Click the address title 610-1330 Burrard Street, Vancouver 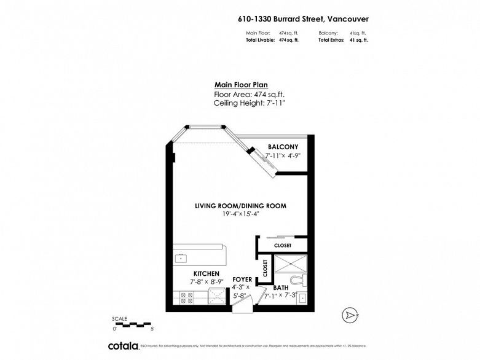(x=303, y=18)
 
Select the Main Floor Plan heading (x=240, y=85)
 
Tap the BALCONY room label (x=283, y=147)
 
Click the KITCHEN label (x=207, y=273)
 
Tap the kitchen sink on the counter (x=182, y=257)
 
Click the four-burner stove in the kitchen (x=186, y=299)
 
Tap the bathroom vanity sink (x=301, y=299)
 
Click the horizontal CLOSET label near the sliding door (x=283, y=245)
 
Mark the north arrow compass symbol (x=350, y=315)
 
